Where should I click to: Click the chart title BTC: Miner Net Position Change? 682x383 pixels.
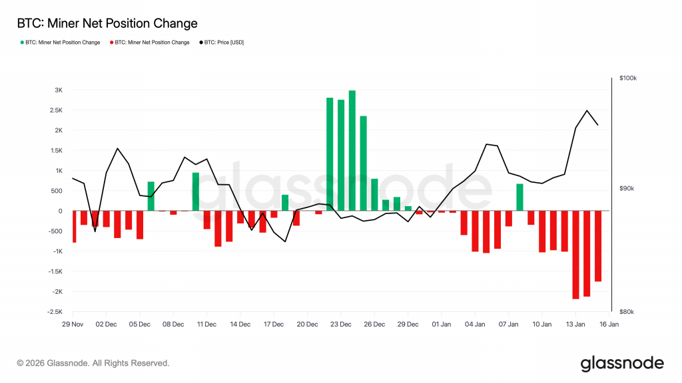(107, 24)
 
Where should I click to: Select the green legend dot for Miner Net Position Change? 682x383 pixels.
(22, 43)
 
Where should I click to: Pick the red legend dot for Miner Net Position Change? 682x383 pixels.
(111, 43)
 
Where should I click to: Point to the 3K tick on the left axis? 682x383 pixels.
(59, 90)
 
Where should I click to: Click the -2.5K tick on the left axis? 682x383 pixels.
(55, 312)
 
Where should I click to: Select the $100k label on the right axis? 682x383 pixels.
(628, 78)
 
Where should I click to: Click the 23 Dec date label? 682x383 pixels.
(340, 324)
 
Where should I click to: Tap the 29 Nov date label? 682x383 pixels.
(73, 324)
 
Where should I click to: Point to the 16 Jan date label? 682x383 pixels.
(609, 324)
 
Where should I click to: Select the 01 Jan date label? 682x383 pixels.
(442, 324)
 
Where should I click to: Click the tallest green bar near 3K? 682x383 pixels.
(352, 150)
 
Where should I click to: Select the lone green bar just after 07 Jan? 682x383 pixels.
(519, 197)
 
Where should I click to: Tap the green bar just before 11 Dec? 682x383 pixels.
(196, 191)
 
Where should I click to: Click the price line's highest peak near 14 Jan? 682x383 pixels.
(587, 110)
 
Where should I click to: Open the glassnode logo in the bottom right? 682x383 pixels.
(622, 363)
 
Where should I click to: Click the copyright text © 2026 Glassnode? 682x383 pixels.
(93, 363)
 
